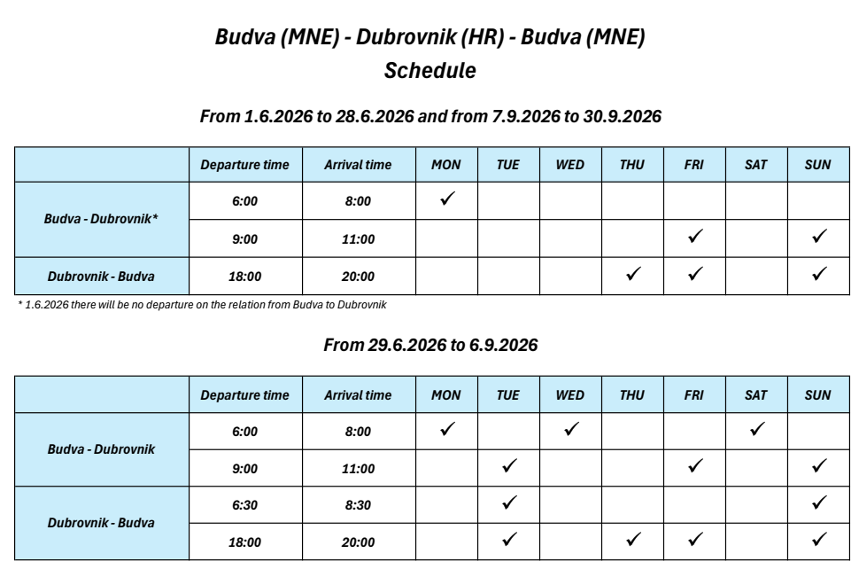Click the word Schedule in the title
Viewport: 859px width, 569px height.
(x=429, y=72)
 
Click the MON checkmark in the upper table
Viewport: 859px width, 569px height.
(x=446, y=199)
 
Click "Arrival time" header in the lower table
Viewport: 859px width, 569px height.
(x=359, y=395)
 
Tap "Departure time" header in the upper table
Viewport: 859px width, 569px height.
(x=244, y=165)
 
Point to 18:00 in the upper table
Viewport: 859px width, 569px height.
(x=244, y=277)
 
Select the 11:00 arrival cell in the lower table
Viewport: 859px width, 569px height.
(x=359, y=468)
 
